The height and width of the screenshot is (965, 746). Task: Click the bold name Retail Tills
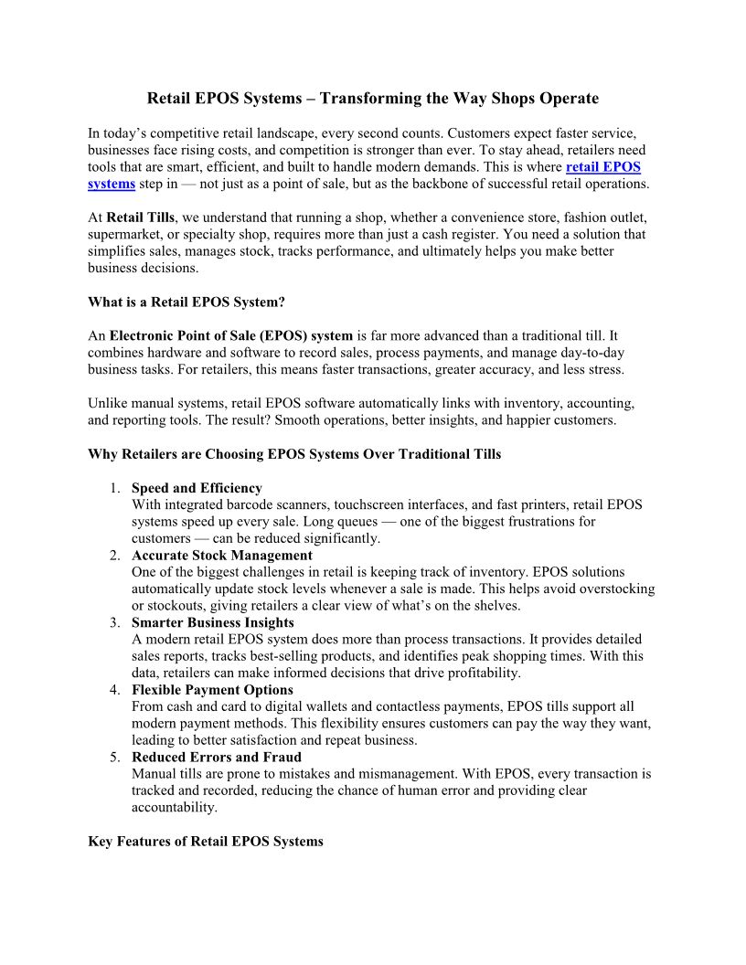(141, 217)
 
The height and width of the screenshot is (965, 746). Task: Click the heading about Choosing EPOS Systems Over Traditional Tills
(294, 454)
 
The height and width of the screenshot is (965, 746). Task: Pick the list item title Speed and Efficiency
(197, 488)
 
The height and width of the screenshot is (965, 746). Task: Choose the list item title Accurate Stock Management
(222, 556)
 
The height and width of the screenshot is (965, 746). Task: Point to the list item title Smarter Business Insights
(213, 622)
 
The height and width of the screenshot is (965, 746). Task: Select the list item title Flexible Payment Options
(212, 690)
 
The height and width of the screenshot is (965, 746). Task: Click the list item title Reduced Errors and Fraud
(217, 758)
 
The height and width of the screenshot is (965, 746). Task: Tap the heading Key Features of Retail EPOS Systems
(206, 842)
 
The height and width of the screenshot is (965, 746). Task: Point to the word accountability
(175, 808)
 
